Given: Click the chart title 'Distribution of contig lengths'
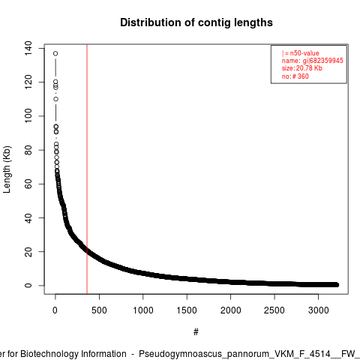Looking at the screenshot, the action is (196, 22).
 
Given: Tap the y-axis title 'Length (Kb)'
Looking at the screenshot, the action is (7, 169).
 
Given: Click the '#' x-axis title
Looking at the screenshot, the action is (196, 332).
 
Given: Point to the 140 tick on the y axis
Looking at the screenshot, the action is (28, 48).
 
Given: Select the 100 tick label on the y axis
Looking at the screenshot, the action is (28, 116).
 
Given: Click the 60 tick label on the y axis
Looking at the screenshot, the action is (28, 184).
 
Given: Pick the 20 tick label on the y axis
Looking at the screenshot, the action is (28, 252).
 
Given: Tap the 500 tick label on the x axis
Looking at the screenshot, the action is (99, 310).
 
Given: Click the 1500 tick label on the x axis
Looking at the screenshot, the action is (187, 310).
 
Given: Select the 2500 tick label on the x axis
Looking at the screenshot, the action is (274, 310).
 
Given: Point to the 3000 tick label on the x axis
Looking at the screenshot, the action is (318, 310).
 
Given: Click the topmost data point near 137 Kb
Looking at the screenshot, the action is (55, 53).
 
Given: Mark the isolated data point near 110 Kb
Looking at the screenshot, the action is (55, 99).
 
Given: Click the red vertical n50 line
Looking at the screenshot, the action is (87, 169).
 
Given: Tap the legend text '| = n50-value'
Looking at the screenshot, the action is (301, 53).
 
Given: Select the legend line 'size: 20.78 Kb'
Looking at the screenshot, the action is (302, 68).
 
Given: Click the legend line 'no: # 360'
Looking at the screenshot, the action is (295, 76).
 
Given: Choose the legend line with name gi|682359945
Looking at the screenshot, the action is (313, 61).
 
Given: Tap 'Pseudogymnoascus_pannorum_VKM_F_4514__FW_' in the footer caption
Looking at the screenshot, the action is (249, 354).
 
